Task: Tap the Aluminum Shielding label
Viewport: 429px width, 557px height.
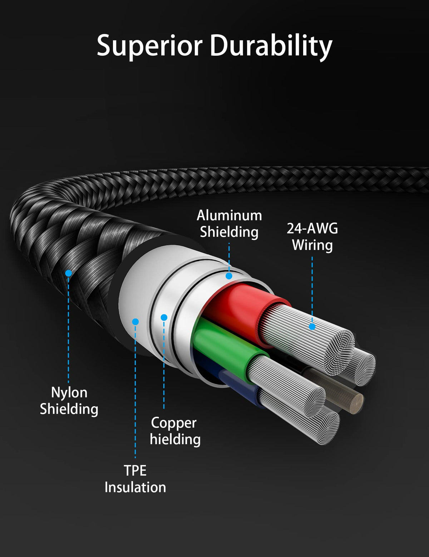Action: [x=229, y=224]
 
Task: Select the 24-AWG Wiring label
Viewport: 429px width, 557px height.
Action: [x=312, y=237]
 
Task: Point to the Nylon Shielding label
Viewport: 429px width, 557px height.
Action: [x=69, y=401]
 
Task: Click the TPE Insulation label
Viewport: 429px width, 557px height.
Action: [x=135, y=479]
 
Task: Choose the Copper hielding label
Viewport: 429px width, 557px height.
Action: [x=175, y=431]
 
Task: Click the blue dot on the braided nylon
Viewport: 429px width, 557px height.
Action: [x=68, y=273]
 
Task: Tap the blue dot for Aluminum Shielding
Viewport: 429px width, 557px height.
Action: [x=229, y=276]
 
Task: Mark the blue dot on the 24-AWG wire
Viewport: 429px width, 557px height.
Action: [x=312, y=326]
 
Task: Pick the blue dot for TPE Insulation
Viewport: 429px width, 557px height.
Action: [x=135, y=322]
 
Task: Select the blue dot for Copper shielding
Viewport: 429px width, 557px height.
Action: [x=164, y=317]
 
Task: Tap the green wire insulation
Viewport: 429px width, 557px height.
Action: [x=222, y=343]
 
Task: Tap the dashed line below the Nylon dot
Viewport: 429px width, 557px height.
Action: [x=68, y=328]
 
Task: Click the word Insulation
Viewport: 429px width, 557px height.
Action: [x=135, y=487]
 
